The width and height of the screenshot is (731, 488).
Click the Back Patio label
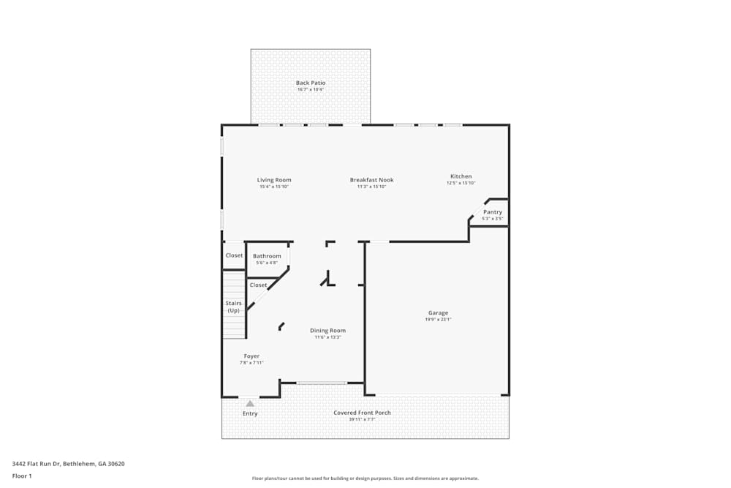click(x=311, y=83)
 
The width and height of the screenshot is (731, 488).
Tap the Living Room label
click(x=274, y=179)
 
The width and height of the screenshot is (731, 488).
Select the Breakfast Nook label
click(x=371, y=179)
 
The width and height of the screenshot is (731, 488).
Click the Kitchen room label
click(x=461, y=176)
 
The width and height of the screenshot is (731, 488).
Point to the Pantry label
click(x=493, y=212)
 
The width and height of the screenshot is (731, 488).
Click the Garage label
click(x=438, y=313)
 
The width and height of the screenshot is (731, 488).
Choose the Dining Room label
click(x=327, y=331)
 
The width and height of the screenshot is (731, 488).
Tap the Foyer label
click(x=251, y=356)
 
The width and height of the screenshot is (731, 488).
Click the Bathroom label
click(x=267, y=256)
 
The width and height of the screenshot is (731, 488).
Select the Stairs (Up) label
click(x=233, y=307)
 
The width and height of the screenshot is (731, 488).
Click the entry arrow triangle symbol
click(x=250, y=403)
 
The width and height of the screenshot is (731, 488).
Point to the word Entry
click(x=250, y=414)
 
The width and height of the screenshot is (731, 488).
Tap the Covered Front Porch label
click(x=362, y=413)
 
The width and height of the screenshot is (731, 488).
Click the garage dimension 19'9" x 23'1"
click(x=438, y=320)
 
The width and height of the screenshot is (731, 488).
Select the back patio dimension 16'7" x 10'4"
click(x=311, y=89)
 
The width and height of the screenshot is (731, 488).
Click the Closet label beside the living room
click(x=234, y=255)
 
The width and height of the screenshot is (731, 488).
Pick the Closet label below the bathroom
click(x=258, y=285)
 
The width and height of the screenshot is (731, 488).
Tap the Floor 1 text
click(x=22, y=476)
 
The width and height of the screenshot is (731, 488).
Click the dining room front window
click(x=321, y=383)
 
